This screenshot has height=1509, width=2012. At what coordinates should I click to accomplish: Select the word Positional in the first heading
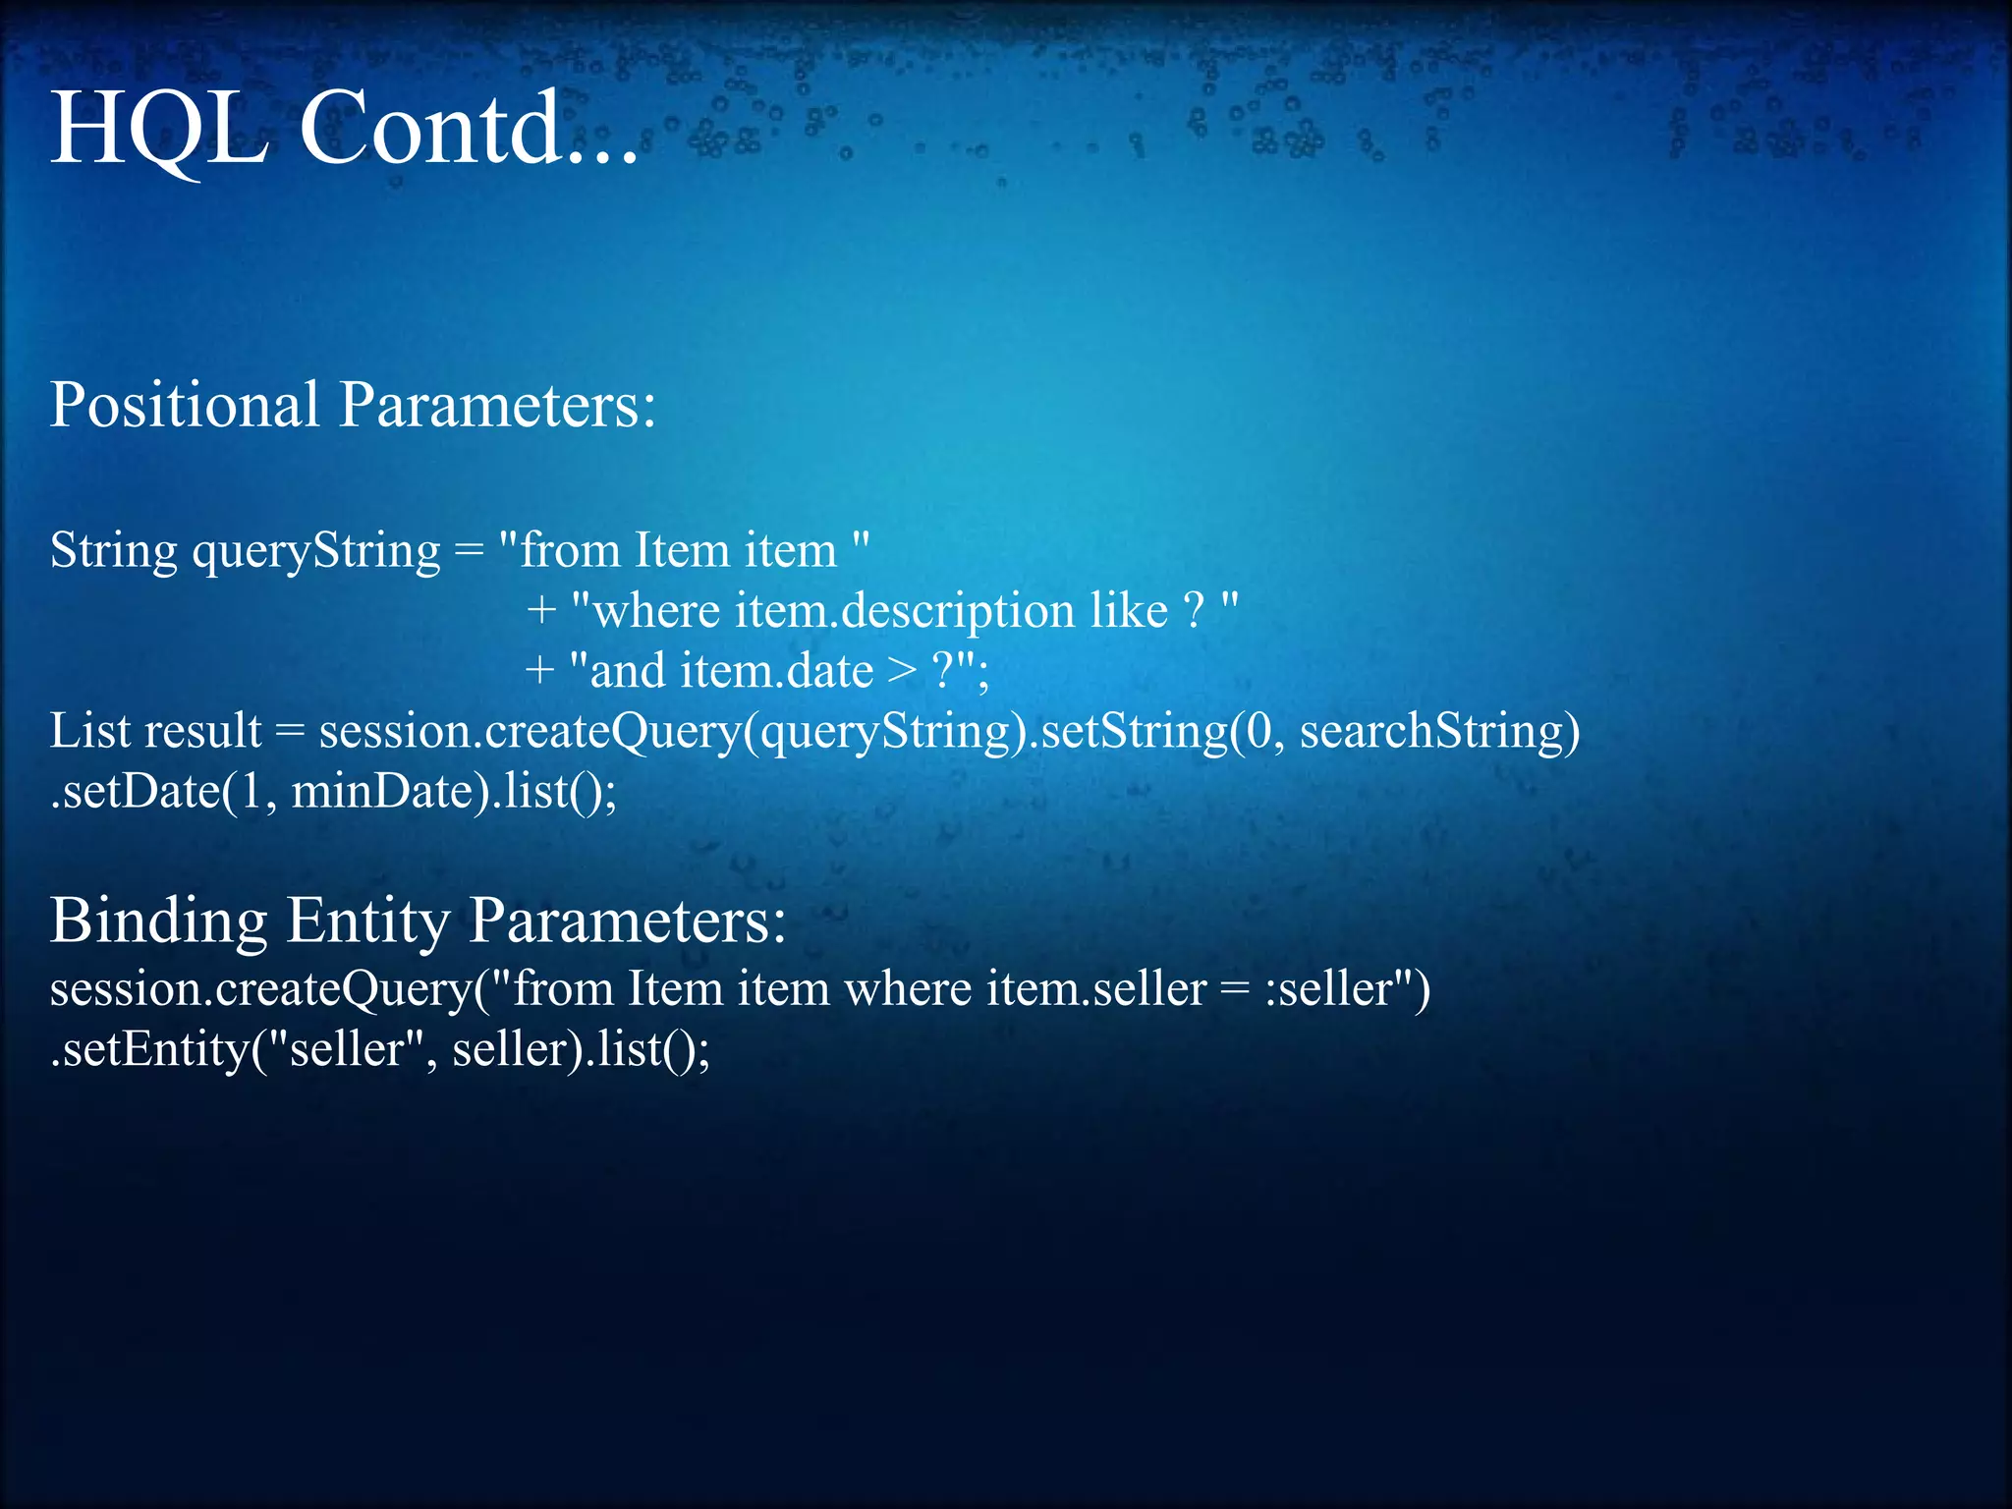[x=185, y=405]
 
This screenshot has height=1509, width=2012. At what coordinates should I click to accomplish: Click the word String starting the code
[x=113, y=551]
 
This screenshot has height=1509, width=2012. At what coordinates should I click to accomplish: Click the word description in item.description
[x=958, y=612]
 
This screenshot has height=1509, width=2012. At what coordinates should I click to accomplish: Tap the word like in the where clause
[x=1129, y=611]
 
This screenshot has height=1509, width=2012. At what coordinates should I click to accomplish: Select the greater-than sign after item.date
[x=902, y=671]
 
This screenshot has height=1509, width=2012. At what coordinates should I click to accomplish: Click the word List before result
[x=90, y=731]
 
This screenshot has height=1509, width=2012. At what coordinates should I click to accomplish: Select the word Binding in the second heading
[x=158, y=922]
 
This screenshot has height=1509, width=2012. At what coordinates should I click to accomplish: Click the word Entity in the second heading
[x=367, y=922]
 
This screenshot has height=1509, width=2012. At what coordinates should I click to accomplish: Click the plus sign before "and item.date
[x=539, y=672]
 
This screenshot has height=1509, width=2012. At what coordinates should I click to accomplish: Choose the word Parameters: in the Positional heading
[x=497, y=405]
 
